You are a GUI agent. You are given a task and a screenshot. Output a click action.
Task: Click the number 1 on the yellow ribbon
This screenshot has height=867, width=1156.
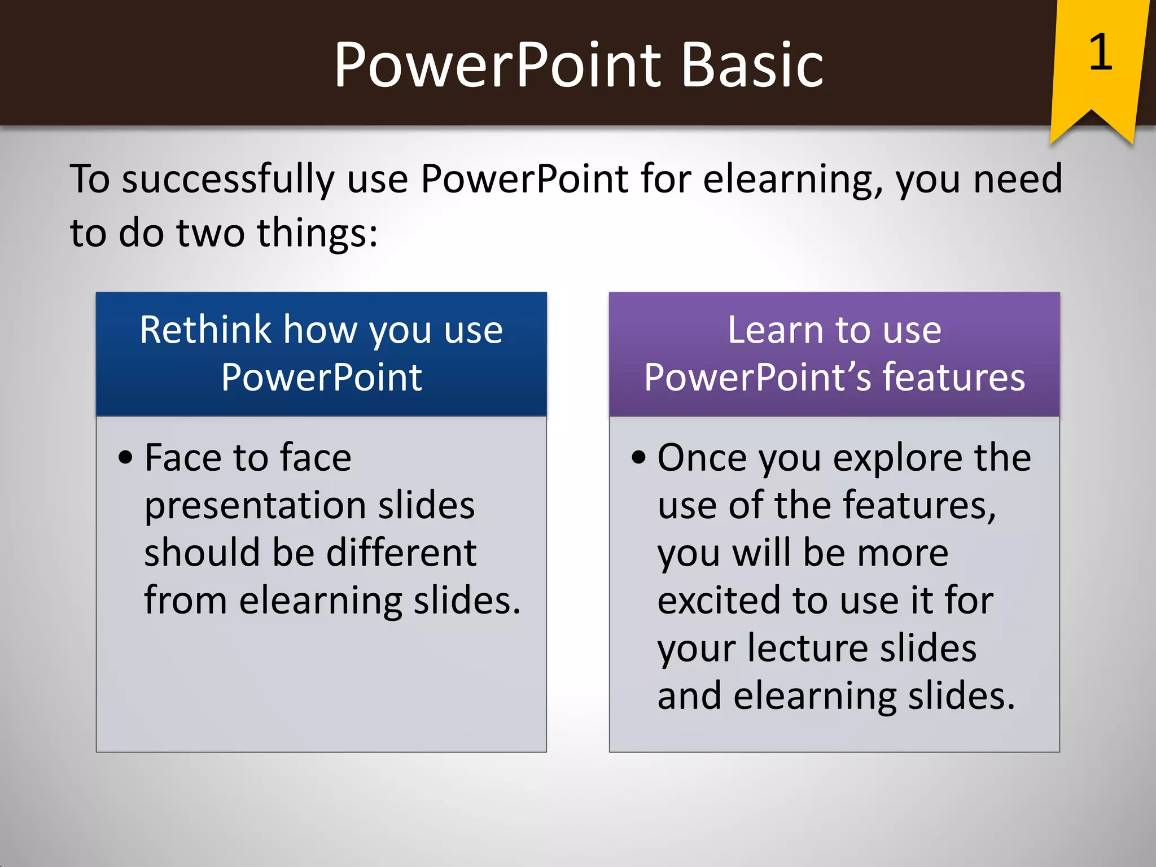coord(1100,52)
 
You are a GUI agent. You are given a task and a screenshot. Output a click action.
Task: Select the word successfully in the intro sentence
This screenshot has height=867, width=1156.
coord(229,179)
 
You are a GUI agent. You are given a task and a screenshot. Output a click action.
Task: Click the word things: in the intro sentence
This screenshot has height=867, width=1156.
coord(317,233)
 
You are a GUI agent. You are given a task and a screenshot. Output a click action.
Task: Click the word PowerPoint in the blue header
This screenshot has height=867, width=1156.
coord(321,377)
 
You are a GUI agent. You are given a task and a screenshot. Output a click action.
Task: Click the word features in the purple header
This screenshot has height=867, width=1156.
coord(953,377)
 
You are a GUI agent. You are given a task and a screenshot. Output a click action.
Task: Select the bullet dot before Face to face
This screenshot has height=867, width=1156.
coord(125,457)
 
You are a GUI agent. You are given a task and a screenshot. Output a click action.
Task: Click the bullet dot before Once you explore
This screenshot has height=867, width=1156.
coord(638,457)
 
